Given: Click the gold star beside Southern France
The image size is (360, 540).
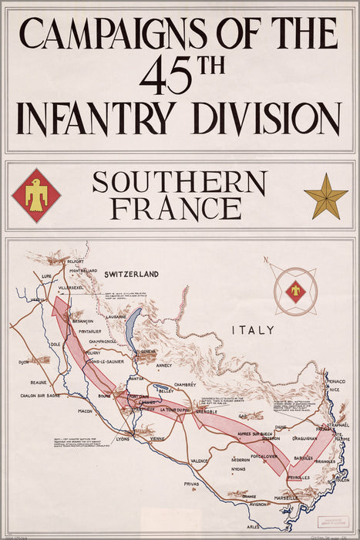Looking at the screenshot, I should pos(325,197).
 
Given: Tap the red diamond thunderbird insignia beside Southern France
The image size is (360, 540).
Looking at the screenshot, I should pos(36,195).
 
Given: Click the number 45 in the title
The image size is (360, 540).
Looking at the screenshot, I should pos(165,76).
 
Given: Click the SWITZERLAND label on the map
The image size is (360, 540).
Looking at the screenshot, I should pos(131,274).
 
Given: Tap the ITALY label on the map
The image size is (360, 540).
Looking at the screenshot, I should pos(253,330).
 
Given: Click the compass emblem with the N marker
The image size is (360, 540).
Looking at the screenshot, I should pos(294,291).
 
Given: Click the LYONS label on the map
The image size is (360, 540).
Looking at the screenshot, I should pos(123,439).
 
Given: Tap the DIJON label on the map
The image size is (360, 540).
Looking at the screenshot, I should pos(25,362).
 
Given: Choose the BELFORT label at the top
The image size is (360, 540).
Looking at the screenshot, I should pos(75,262).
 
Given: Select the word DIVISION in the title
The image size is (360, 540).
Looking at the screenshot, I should pos(266,118).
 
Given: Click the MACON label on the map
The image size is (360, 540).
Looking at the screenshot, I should pos(85,411).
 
